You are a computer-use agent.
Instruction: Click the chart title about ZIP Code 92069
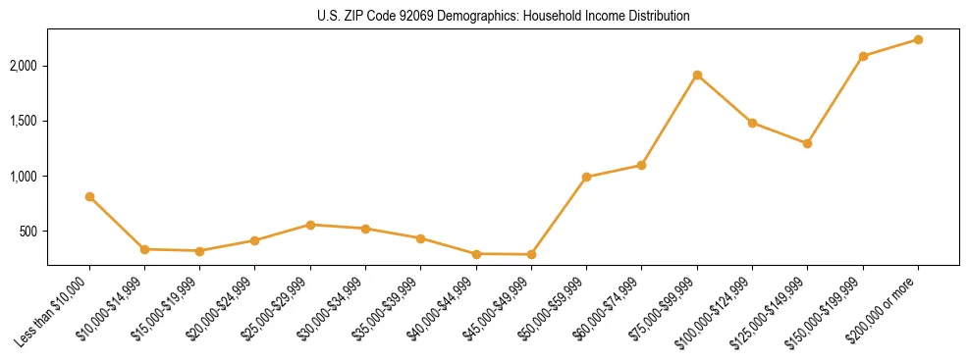[x=503, y=17]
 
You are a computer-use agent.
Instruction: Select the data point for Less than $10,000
[x=89, y=197]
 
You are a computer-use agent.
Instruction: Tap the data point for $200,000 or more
[x=918, y=39]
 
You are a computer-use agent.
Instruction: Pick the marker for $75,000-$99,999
[x=697, y=75]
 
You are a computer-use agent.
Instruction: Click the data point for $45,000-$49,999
[x=531, y=255]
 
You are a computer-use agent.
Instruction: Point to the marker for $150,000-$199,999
[x=863, y=56]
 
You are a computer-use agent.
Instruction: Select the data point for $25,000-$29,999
[x=310, y=225]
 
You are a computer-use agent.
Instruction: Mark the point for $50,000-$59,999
[x=586, y=178]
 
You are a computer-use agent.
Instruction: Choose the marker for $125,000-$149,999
[x=807, y=143]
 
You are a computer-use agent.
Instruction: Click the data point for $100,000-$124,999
[x=752, y=123]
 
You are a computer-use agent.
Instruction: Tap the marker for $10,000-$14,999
[x=144, y=249]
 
